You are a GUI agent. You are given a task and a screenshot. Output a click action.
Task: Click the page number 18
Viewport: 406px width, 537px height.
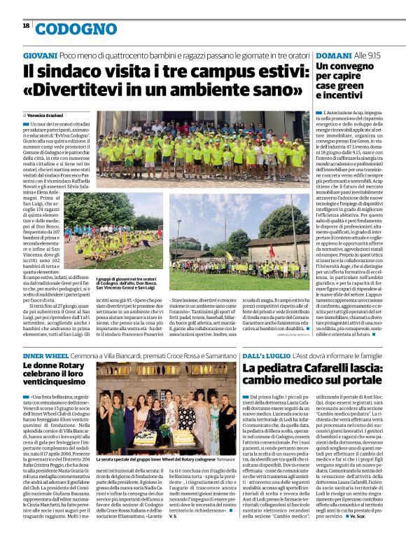[26, 25]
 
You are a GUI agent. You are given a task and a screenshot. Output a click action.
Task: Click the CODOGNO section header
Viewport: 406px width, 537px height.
[66, 29]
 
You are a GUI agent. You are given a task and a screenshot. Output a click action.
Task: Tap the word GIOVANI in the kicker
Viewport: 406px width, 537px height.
[39, 55]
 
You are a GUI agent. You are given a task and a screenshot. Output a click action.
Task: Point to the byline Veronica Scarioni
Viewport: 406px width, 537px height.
[46, 114]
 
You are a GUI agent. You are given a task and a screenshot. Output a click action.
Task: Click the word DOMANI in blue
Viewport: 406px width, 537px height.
[333, 55]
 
